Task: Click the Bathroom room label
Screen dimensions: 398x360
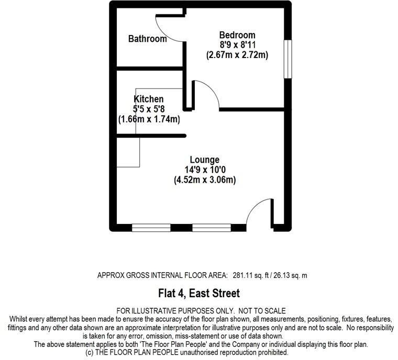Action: tap(148, 39)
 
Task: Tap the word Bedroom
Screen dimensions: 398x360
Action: tap(237, 35)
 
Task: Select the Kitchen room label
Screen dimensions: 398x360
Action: tap(149, 99)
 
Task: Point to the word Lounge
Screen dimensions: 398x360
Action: tap(205, 160)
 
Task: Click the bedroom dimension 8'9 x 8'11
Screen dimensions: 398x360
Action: tap(238, 45)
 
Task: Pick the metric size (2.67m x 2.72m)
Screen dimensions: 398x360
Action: tap(237, 55)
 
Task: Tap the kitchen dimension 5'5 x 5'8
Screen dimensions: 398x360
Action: tap(149, 109)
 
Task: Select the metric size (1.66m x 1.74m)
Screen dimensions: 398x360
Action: tap(149, 119)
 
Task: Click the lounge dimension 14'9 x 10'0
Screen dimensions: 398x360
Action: tap(205, 170)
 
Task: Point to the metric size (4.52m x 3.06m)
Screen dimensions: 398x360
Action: tap(205, 180)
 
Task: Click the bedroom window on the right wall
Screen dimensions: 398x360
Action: tap(288, 59)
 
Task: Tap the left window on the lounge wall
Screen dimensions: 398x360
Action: tap(151, 228)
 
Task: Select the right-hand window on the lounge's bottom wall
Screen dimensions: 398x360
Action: tap(212, 228)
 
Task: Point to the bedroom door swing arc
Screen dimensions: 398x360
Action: tap(211, 90)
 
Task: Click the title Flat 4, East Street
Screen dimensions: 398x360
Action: tap(199, 293)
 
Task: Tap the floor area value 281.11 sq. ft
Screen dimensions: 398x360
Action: tap(251, 275)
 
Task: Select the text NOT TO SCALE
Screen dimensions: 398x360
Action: tap(262, 311)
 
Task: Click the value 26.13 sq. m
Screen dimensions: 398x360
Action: tap(290, 275)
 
